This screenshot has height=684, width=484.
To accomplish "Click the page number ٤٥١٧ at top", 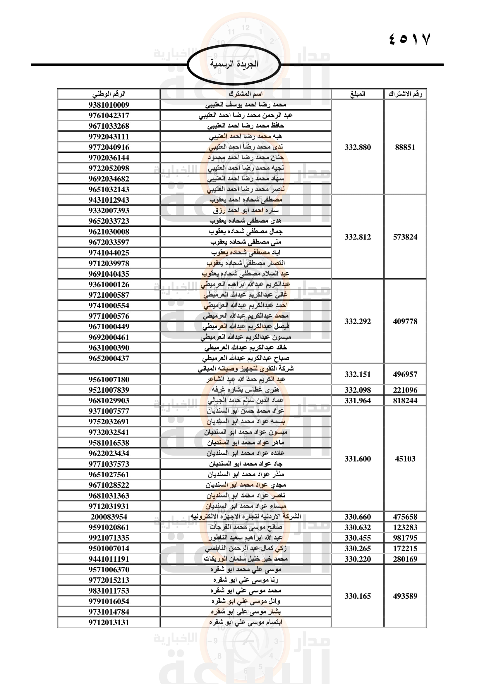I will tap(410, 39).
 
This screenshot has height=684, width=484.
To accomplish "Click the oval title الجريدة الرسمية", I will tap(234, 64).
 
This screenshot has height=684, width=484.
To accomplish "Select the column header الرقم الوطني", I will tap(109, 94).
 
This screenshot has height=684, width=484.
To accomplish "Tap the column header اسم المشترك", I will tap(246, 94).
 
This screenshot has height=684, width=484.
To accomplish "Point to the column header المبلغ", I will tap(357, 94).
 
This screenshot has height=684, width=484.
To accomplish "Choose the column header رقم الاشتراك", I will tap(405, 94).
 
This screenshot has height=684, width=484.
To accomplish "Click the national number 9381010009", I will tap(109, 105).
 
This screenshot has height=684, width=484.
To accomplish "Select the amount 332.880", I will tap(358, 147).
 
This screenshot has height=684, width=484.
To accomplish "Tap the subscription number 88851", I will tap(405, 147).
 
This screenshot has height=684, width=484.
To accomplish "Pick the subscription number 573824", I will tap(405, 237).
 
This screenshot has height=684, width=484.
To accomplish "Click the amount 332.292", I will tap(358, 321).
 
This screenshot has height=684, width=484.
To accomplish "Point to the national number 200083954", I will tap(109, 517).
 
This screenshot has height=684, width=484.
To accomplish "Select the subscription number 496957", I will tap(405, 374).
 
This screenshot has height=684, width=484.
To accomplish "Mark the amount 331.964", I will tap(358, 401).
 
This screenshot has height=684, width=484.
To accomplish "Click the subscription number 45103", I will tap(405, 459).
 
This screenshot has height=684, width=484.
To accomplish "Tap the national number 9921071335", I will tap(109, 538).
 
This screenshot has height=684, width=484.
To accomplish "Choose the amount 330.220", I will tap(358, 559).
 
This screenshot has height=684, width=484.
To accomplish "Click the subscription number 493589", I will tap(405, 596).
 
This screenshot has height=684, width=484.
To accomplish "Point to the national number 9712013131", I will tap(109, 623).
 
